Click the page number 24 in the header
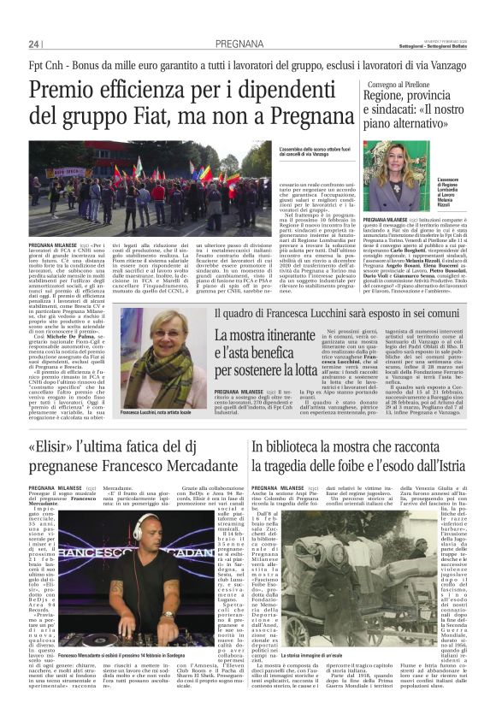coord(34,44)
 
